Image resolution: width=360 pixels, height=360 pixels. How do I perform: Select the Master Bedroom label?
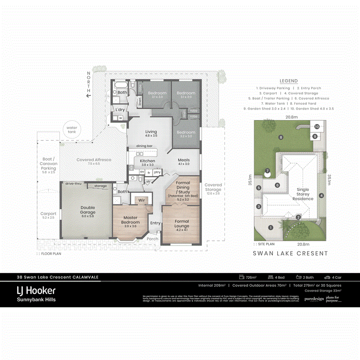130,220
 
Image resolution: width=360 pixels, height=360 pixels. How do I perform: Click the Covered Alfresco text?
94,160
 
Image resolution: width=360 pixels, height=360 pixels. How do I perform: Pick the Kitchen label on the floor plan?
148,161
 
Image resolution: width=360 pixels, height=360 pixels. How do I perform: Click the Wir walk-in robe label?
141,200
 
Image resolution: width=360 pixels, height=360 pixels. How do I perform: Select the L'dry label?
120,110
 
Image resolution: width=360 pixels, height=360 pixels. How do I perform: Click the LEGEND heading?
288,81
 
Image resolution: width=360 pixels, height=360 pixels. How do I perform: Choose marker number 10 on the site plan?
317,126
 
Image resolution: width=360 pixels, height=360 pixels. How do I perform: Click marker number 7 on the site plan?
268,171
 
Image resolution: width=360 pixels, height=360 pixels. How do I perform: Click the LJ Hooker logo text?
36,290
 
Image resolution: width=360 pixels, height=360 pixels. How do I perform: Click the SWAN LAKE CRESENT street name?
290,253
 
